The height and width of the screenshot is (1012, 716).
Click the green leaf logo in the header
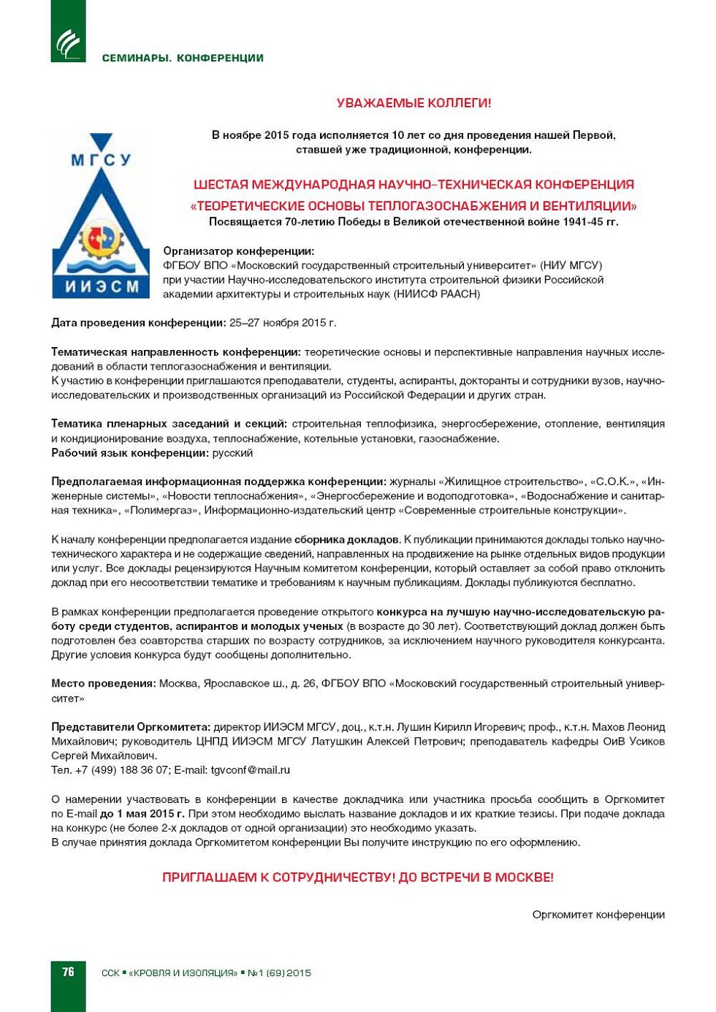click(x=68, y=44)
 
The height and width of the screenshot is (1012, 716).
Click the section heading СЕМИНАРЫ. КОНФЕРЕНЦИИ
click(x=183, y=58)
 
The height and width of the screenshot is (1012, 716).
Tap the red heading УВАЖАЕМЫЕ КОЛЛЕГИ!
click(x=414, y=104)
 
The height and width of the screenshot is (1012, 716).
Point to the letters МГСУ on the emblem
click(x=101, y=159)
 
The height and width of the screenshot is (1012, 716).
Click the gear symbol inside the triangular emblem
click(x=102, y=242)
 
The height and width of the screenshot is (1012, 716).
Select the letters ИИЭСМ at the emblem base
click(x=102, y=286)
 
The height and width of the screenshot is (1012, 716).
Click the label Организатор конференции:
click(x=238, y=251)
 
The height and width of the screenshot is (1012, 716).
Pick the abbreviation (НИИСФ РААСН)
click(x=437, y=294)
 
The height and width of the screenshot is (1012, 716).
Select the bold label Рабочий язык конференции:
click(x=130, y=453)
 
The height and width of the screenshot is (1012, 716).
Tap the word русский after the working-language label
click(x=232, y=453)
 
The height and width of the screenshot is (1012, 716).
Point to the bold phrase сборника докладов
click(x=346, y=540)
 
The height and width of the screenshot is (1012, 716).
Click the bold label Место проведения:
click(x=103, y=684)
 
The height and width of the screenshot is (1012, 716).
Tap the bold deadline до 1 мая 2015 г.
click(x=142, y=814)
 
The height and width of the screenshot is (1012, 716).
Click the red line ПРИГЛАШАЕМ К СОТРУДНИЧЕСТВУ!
click(x=280, y=878)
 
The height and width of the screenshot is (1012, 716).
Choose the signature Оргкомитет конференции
click(x=598, y=915)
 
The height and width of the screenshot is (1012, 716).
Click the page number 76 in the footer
click(x=68, y=972)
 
